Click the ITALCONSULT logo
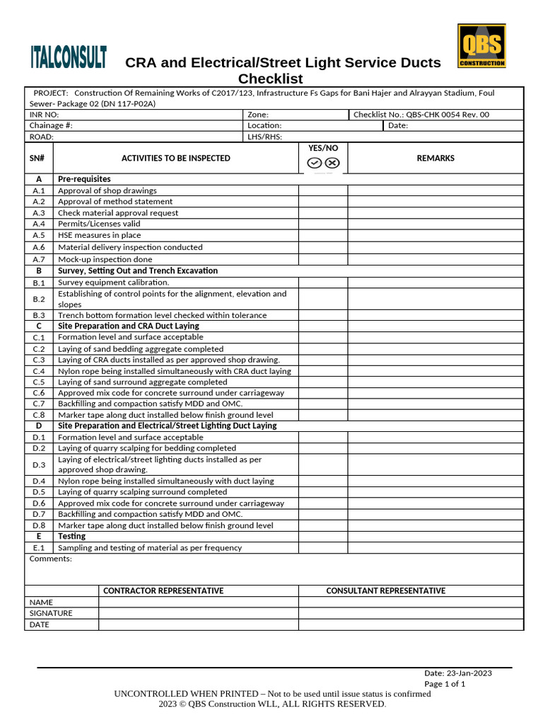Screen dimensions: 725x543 click(x=69, y=57)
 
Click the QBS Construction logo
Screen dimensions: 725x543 click(x=481, y=46)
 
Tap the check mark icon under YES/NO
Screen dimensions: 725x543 click(x=315, y=163)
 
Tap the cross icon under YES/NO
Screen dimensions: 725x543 click(x=332, y=163)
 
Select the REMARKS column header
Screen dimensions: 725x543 click(x=436, y=158)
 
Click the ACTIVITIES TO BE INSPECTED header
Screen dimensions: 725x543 click(x=175, y=158)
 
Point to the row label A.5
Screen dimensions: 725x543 click(x=39, y=235)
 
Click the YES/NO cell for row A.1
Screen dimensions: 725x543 click(x=322, y=190)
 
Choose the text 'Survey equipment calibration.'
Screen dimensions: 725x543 click(x=113, y=282)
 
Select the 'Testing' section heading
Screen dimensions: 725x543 click(x=71, y=537)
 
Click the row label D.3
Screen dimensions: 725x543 click(x=39, y=464)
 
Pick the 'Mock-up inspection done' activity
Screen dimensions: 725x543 click(x=105, y=259)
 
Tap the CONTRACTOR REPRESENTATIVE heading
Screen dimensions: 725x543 click(x=163, y=590)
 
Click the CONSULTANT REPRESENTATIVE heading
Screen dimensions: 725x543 click(x=385, y=590)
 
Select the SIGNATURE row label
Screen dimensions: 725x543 click(x=51, y=613)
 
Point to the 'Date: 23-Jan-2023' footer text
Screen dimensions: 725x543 click(x=457, y=673)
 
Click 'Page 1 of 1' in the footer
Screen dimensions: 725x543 click(x=445, y=684)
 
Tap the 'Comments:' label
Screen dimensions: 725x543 click(x=51, y=559)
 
